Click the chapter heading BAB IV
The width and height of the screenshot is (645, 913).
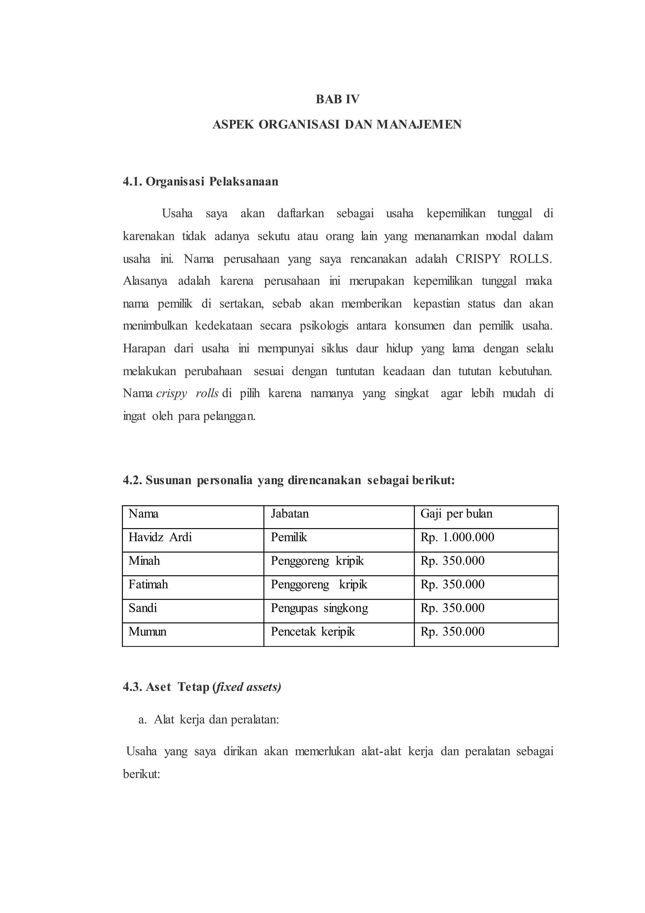click(337, 99)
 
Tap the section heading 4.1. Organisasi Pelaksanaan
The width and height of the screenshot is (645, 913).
click(201, 182)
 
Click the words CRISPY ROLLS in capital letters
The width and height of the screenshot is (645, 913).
click(503, 259)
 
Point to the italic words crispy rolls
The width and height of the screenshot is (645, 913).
click(187, 393)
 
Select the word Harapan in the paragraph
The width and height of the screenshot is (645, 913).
click(144, 348)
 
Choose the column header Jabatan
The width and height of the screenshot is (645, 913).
click(289, 514)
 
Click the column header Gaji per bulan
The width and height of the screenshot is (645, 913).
click(456, 514)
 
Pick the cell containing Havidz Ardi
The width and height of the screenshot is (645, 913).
click(160, 537)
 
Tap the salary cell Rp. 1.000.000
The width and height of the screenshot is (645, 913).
click(457, 537)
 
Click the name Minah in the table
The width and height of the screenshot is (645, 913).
click(144, 561)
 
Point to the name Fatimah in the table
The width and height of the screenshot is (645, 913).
click(148, 584)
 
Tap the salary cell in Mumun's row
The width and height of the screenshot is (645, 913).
click(452, 631)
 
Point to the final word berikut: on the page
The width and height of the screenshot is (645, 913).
click(141, 774)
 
